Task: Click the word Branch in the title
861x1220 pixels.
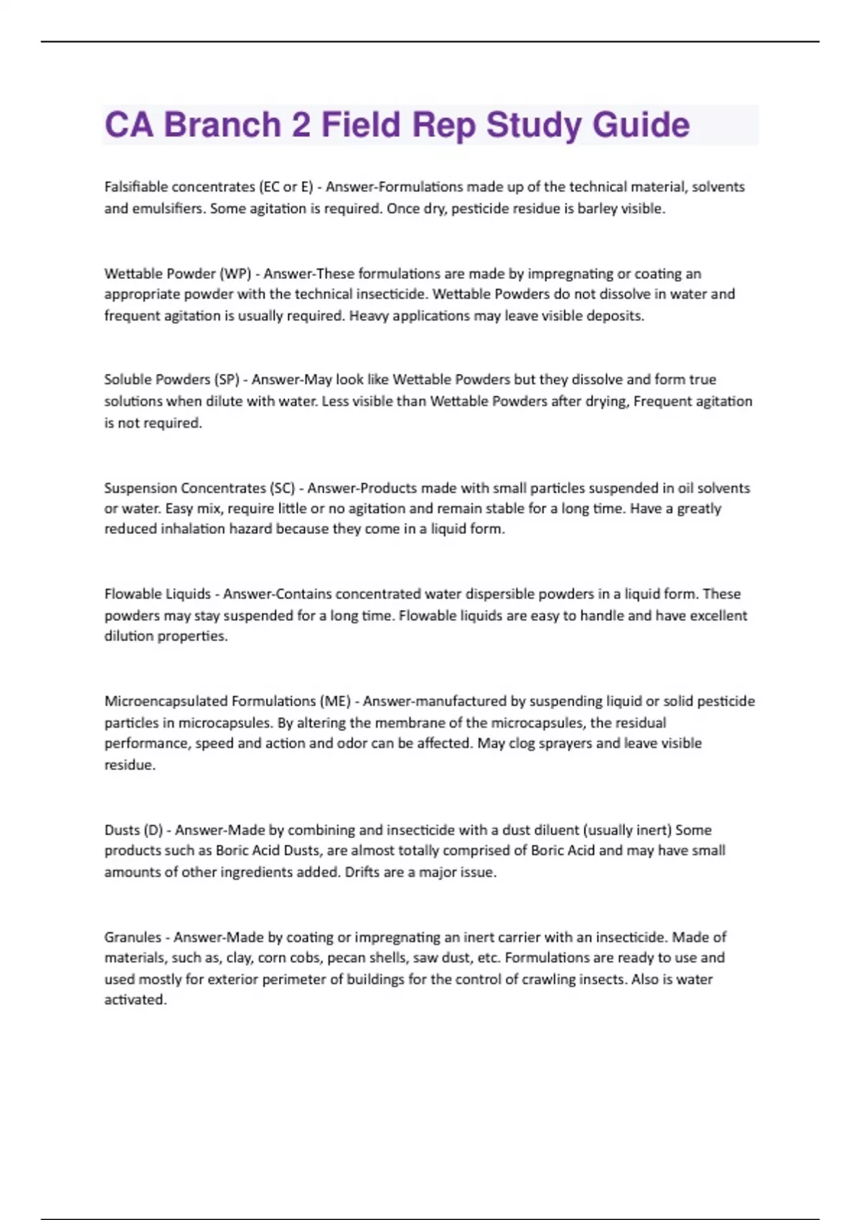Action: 222,125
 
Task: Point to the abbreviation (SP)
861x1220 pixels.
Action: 227,380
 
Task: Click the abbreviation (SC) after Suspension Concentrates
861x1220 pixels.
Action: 281,488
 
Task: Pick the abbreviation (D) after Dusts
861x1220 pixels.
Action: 154,830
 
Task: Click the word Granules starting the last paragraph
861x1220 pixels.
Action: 132,937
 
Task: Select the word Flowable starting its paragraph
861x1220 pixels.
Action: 133,594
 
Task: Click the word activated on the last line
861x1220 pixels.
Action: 135,1000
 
